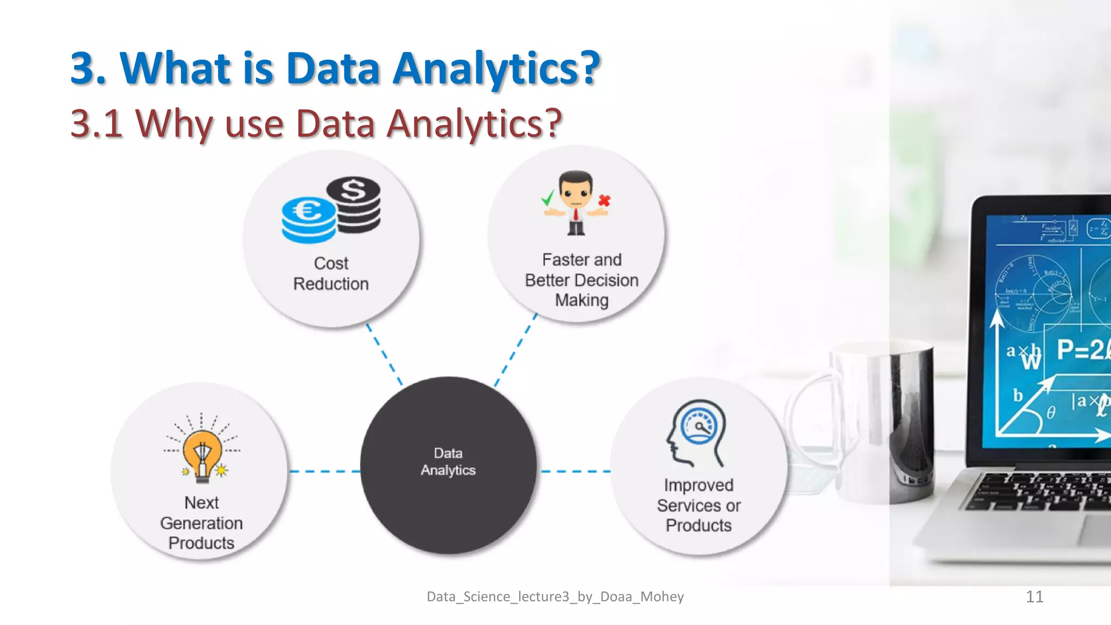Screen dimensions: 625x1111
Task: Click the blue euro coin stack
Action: [x=308, y=219]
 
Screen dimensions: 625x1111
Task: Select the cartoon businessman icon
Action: [x=576, y=203]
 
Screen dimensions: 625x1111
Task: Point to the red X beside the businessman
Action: [x=604, y=201]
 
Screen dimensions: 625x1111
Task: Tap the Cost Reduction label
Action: [x=331, y=273]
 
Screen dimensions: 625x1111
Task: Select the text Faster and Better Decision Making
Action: [x=582, y=280]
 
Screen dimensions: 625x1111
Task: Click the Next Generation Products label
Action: [x=201, y=522]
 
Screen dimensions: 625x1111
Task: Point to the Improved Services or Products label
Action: [x=699, y=505]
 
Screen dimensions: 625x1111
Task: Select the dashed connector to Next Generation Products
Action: [x=324, y=471]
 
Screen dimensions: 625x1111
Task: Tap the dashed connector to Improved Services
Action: [x=576, y=471]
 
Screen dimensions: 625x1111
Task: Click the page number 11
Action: [x=1035, y=597]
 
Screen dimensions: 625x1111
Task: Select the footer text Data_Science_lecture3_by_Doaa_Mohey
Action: [x=555, y=597]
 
